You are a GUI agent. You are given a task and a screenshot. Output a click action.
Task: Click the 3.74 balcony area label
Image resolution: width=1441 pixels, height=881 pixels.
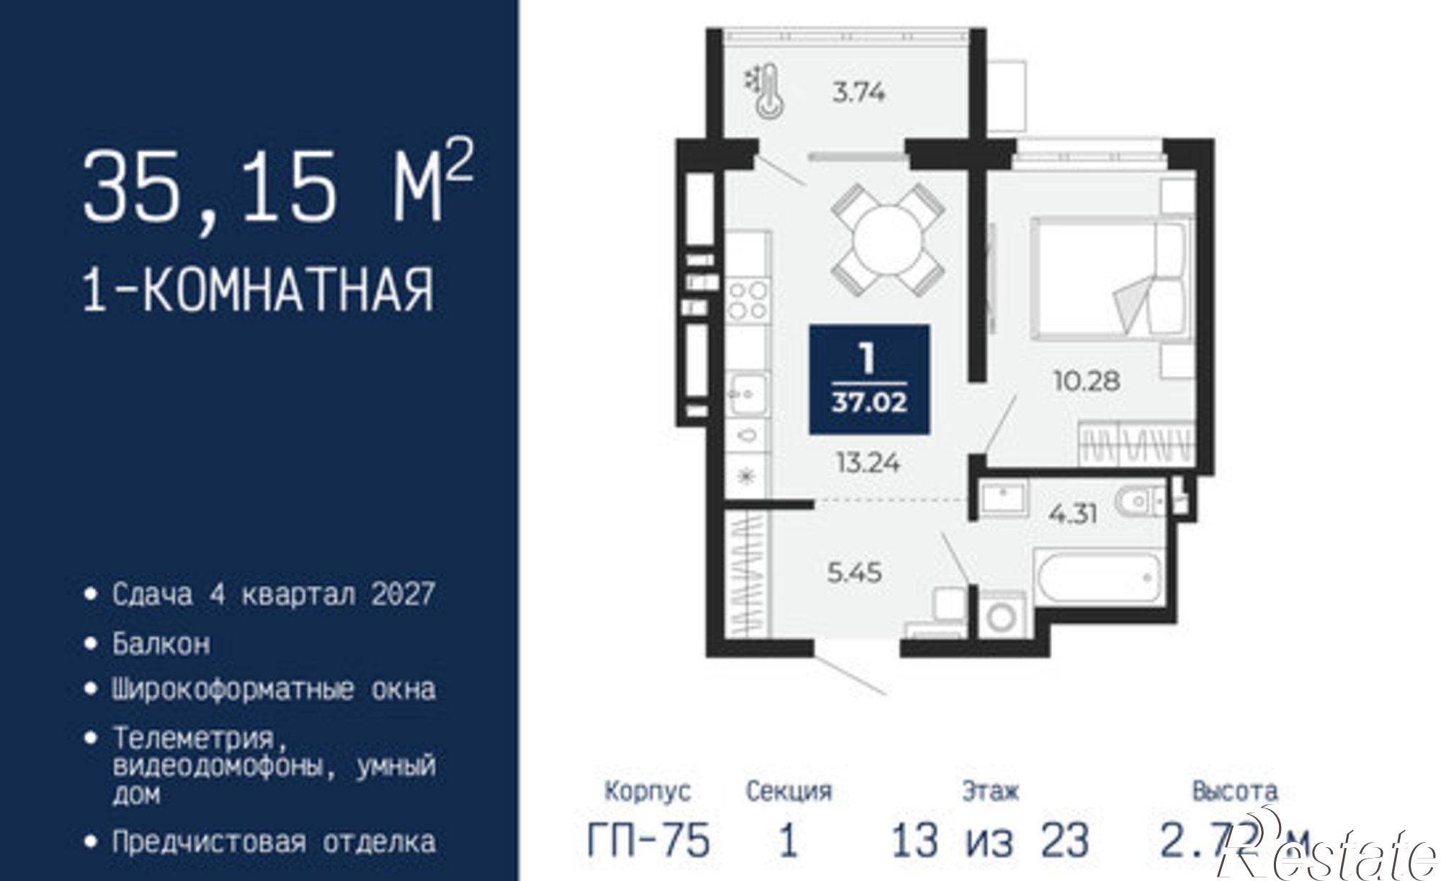point(858,93)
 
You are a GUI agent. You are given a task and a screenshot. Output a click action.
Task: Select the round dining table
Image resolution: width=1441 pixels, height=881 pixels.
point(887,241)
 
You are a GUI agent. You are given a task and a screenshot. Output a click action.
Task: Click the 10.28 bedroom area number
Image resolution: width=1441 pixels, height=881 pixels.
point(1087,380)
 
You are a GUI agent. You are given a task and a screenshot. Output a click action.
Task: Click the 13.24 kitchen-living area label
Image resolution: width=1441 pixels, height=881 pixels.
point(868,462)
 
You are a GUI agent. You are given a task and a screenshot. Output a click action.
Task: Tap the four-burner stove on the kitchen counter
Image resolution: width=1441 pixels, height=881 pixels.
point(748,300)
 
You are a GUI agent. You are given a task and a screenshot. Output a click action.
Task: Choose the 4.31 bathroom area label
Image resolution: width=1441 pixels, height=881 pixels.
point(1074,514)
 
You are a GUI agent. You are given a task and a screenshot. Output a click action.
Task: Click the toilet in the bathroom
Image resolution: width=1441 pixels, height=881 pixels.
point(1136,501)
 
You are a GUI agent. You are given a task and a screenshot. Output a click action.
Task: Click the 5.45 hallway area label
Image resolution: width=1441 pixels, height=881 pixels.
point(854,573)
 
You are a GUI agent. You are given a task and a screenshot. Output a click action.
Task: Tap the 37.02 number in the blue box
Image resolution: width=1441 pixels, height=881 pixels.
point(869,403)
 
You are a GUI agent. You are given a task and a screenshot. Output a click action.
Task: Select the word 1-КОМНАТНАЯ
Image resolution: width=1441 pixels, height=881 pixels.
point(259,290)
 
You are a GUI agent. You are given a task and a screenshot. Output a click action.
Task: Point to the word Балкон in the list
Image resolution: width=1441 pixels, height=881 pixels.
point(161,643)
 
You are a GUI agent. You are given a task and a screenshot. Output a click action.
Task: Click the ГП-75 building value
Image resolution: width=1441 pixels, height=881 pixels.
point(648,841)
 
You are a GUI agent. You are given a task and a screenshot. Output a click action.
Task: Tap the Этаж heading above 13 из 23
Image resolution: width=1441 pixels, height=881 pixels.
point(991,792)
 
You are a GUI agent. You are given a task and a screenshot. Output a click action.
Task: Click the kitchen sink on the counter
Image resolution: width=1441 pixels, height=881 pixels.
point(748,394)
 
